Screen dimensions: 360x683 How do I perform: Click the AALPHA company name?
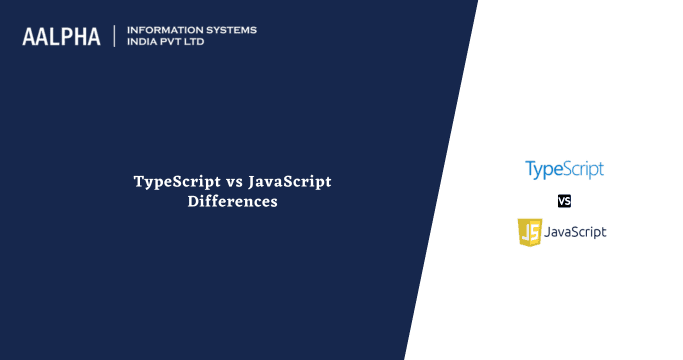click(x=61, y=36)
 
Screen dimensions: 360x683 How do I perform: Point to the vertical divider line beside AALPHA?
click(x=116, y=36)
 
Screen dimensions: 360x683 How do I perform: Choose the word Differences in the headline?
click(x=232, y=201)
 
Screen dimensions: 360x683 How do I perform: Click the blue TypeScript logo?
click(x=564, y=169)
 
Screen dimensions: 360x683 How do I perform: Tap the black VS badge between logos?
click(x=564, y=200)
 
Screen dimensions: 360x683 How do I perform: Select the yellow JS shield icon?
click(x=529, y=232)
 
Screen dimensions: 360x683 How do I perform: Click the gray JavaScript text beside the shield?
click(x=576, y=232)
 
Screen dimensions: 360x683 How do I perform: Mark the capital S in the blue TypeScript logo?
click(x=565, y=168)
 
